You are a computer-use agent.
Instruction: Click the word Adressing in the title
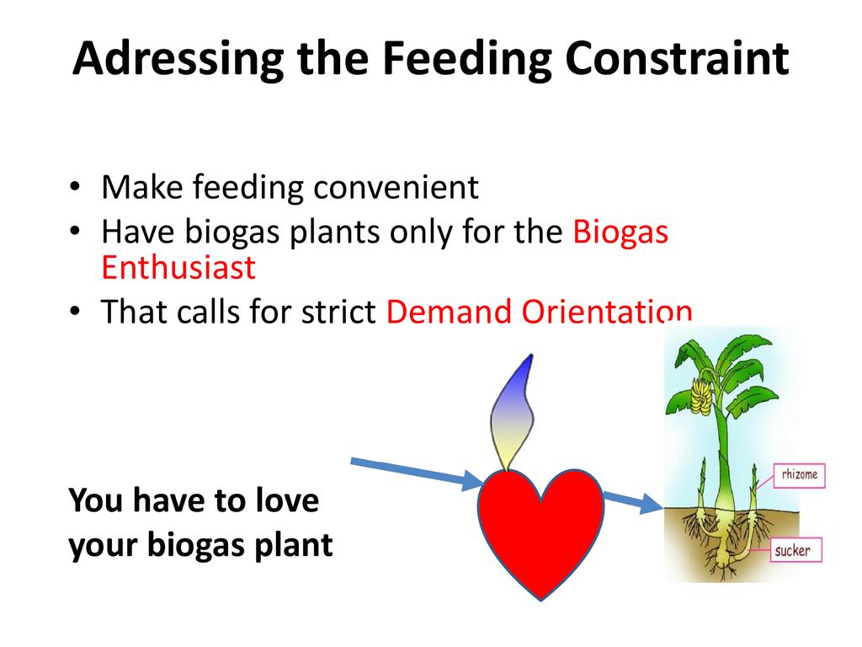tap(178, 60)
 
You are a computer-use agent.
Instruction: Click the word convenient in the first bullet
tap(396, 188)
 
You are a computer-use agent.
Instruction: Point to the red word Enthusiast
tap(178, 268)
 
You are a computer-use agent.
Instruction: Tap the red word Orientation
tap(606, 312)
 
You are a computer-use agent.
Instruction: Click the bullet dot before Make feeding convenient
tap(75, 188)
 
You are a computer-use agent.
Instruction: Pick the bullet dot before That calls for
tap(75, 312)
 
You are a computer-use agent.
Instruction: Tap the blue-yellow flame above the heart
tap(513, 413)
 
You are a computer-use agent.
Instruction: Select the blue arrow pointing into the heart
tap(417, 470)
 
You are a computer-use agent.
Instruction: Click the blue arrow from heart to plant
tap(633, 500)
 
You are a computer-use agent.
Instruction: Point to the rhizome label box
tap(800, 475)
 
